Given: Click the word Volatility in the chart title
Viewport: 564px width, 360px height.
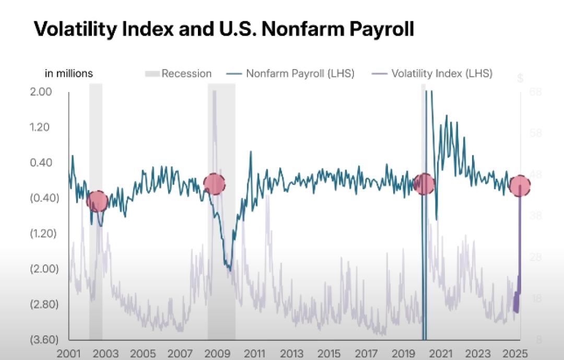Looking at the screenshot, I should click(x=74, y=29).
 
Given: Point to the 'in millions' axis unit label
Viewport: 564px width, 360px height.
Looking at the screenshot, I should click(x=68, y=74).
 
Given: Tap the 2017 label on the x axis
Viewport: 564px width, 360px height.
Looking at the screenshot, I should click(x=366, y=353).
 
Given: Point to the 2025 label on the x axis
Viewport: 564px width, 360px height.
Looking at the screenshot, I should click(x=514, y=353).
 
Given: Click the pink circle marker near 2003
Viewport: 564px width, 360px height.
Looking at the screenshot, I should click(x=97, y=201).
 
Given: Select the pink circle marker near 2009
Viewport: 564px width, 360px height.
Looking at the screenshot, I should click(x=214, y=183).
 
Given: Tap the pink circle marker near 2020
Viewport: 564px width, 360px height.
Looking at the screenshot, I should click(x=424, y=184).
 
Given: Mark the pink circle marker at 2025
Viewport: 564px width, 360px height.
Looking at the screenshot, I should click(x=520, y=185).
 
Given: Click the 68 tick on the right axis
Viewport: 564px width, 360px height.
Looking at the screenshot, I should click(x=536, y=92).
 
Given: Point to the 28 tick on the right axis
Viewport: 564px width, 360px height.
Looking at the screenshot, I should click(x=536, y=257).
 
